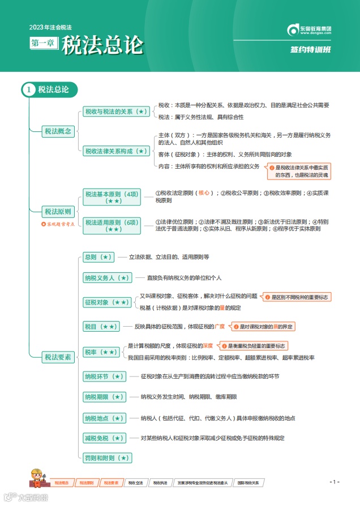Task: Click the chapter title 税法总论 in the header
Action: tap(102, 45)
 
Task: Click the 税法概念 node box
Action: tap(58, 131)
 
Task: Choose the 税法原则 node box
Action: tap(58, 212)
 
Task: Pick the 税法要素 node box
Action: tap(58, 357)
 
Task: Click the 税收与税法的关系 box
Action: tap(116, 112)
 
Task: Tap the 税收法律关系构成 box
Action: tap(116, 151)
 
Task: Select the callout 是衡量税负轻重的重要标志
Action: tap(257, 345)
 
